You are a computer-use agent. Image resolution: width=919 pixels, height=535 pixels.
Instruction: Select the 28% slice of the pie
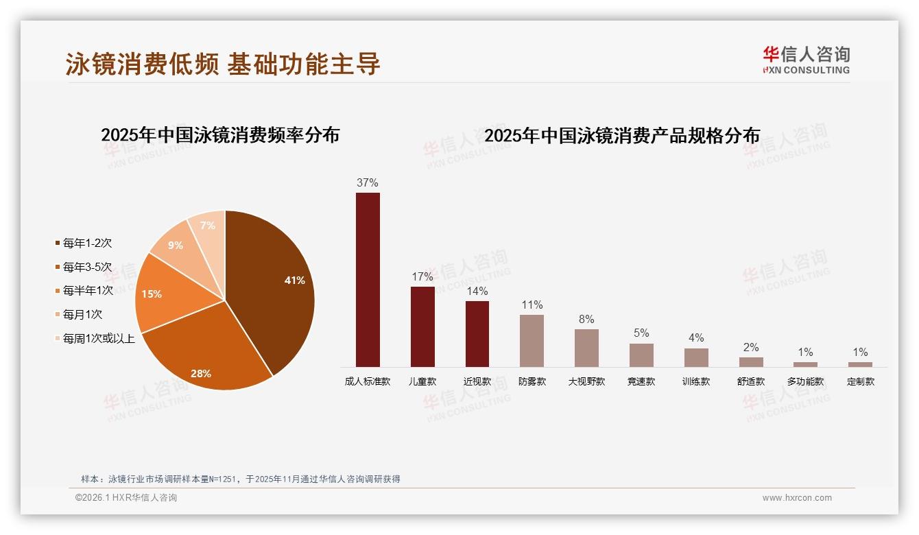(206, 357)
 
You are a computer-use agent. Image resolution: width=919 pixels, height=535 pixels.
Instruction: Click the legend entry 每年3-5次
(87, 267)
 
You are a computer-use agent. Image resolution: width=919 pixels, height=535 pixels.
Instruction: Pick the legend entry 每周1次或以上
(99, 338)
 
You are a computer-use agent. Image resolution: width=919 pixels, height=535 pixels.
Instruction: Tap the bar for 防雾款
(532, 341)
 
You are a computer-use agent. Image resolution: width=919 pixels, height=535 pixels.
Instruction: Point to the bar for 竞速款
(641, 355)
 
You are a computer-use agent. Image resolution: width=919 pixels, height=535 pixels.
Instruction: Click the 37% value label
(368, 183)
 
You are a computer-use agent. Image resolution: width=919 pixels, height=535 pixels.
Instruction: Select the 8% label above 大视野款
(586, 320)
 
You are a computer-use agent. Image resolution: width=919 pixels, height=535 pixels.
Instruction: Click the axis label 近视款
(477, 381)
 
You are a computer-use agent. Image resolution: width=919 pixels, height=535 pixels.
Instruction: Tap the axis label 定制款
(861, 381)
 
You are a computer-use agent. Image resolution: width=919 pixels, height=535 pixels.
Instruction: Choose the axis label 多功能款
(806, 381)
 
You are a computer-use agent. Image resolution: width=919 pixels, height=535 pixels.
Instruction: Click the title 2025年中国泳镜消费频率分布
(220, 134)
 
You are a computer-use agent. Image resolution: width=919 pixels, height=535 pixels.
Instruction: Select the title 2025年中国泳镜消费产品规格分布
(622, 136)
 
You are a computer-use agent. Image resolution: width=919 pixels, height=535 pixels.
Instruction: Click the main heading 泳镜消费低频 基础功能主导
(223, 64)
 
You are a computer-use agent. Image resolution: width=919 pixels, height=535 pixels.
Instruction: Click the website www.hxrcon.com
(797, 498)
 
